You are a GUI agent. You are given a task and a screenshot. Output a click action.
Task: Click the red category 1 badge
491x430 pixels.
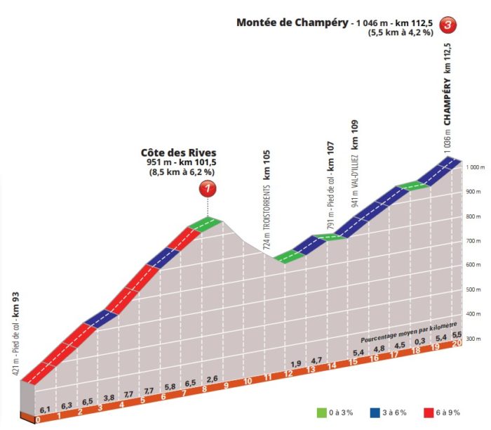208,188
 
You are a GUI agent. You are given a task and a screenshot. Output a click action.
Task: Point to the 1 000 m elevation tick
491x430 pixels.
476,167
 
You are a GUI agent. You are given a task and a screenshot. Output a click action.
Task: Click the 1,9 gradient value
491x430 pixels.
295,365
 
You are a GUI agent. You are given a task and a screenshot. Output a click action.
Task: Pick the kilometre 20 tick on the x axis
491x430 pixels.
457,343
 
